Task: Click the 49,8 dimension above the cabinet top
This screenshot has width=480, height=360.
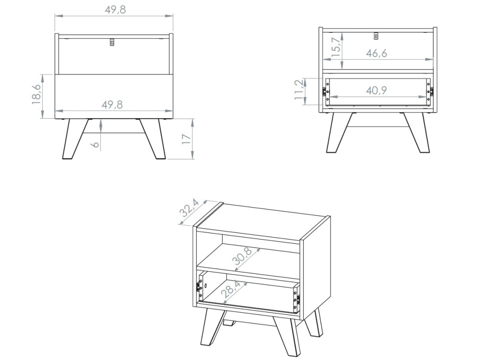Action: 115,10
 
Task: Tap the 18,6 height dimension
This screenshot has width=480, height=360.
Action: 37,95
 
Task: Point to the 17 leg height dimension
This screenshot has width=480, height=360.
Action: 186,139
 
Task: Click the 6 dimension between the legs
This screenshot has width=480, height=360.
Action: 96,142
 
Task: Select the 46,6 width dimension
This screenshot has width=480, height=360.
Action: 376,53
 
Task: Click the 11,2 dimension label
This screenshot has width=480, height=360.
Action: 299,91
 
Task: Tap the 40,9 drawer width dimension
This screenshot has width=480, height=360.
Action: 376,91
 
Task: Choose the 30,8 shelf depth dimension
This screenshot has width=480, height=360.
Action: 243,257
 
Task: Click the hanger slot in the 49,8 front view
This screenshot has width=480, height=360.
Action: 112,42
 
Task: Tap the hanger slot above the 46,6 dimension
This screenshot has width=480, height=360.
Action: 376,36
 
